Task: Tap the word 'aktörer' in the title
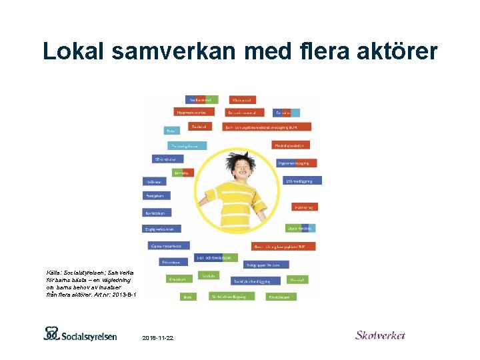click(389, 51)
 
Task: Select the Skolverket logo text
click(380, 335)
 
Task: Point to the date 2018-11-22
click(158, 339)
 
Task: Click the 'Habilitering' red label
click(305, 207)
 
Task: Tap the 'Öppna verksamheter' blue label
click(169, 245)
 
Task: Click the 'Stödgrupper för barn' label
click(265, 264)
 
